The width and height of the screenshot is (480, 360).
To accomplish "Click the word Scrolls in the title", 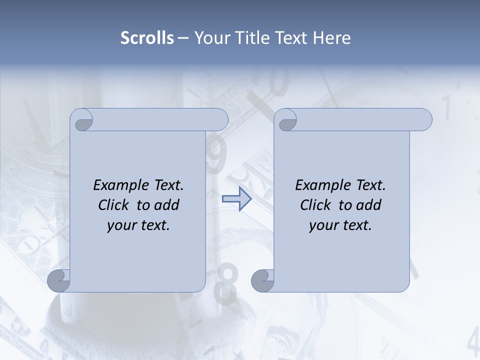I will click(147, 37).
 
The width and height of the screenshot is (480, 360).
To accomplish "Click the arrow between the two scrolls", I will click(236, 199).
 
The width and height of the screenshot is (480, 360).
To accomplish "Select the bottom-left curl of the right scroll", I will click(263, 281).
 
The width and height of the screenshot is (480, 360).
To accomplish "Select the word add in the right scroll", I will click(367, 205).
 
